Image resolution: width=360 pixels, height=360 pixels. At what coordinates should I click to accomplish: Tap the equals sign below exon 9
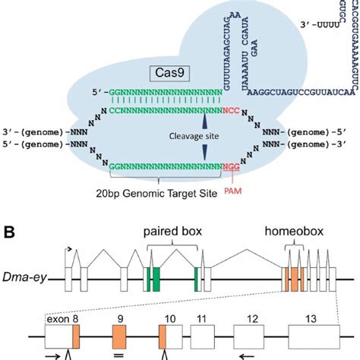118,354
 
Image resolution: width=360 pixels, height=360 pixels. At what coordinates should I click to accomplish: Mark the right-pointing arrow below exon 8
55,354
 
